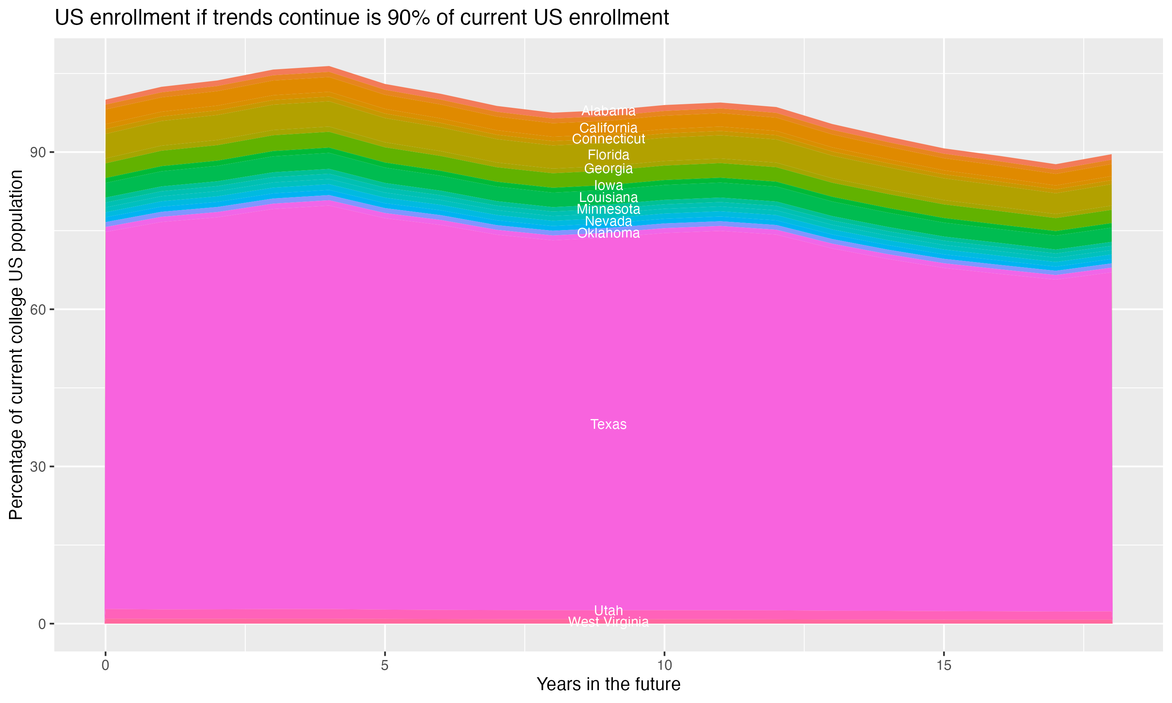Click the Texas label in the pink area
pos(608,425)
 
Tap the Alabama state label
pos(608,111)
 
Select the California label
pos(608,128)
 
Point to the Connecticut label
pos(608,139)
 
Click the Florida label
pos(608,155)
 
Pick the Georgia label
pos(608,169)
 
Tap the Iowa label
pos(608,185)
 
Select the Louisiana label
pos(608,198)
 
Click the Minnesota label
pos(608,209)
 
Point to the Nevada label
pos(608,221)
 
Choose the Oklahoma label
pos(608,233)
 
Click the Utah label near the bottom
pos(608,610)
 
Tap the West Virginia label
pos(608,622)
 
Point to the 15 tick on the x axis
pos(944,666)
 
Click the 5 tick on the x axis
pos(385,666)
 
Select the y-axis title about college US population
pos(16,345)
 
